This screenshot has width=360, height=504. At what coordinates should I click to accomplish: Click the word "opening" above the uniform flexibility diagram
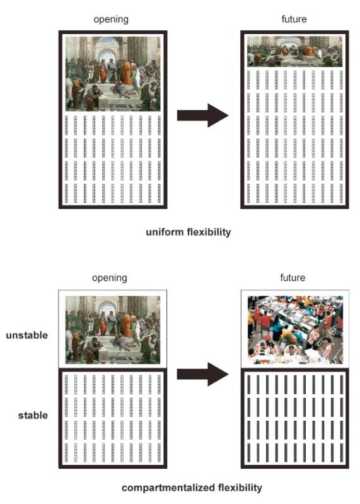point(111,20)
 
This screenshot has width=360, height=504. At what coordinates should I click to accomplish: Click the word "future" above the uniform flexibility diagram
point(294,19)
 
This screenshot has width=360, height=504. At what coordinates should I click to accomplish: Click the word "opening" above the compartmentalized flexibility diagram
point(110,278)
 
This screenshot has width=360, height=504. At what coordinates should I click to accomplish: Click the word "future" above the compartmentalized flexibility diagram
point(293,277)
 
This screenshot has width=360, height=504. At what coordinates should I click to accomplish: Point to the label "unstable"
point(27,335)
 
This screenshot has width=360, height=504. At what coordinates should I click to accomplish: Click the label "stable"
point(33,415)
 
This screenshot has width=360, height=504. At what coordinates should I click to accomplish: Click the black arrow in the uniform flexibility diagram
point(202,115)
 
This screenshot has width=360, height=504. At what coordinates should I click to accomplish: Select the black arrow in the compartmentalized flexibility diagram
point(202,374)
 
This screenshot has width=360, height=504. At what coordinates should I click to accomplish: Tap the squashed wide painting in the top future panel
point(294,52)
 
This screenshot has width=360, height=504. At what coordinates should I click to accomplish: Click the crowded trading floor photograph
point(295,329)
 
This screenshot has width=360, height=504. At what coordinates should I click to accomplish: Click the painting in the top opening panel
point(113,74)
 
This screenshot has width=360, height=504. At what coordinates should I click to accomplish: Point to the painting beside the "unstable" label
point(113,329)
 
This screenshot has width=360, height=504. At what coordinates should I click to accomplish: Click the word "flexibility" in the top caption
point(209,232)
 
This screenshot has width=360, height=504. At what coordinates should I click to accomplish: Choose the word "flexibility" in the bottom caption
point(240,488)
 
